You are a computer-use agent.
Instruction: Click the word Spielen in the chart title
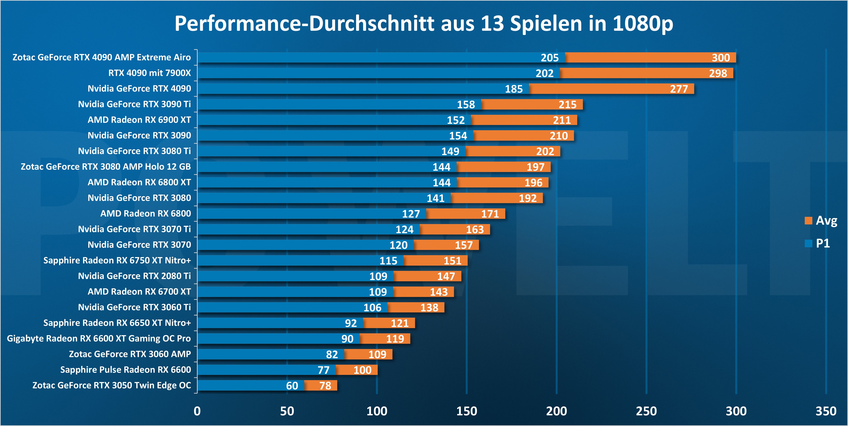tap(546, 24)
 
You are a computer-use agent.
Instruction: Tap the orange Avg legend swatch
tap(808, 221)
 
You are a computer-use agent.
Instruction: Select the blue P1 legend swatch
tap(808, 244)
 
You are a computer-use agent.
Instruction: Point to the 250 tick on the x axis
tap(646, 411)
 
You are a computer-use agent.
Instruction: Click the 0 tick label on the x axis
tap(197, 411)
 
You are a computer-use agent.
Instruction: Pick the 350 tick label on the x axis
tap(826, 411)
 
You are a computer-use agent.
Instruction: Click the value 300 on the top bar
tap(721, 58)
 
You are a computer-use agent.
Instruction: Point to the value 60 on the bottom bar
tap(292, 386)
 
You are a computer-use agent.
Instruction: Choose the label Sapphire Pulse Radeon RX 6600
tap(125, 370)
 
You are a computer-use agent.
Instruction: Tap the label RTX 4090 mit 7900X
tap(150, 73)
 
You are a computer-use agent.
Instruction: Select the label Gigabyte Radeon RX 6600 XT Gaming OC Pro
tap(99, 339)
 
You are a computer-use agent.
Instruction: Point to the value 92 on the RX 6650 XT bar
tap(351, 323)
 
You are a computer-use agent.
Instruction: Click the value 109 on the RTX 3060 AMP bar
tap(377, 354)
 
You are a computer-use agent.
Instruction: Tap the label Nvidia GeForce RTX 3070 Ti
tap(134, 229)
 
